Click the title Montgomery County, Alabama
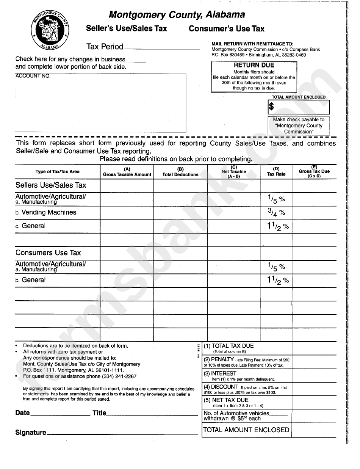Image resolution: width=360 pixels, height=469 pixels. click(177, 15)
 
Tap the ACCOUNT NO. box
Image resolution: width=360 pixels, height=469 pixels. click(100, 102)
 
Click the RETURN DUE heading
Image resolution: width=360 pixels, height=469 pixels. click(254, 65)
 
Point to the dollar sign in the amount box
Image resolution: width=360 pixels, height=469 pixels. click(271, 107)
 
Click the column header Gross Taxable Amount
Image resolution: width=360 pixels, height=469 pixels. click(127, 172)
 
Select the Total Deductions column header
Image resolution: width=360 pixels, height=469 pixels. click(180, 172)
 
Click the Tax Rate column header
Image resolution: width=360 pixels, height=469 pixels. click(276, 172)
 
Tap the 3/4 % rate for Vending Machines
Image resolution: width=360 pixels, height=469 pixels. click(276, 213)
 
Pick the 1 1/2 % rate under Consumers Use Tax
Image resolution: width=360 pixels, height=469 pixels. click(278, 280)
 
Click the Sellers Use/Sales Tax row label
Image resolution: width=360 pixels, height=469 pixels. click(51, 185)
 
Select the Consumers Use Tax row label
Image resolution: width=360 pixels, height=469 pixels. click(48, 253)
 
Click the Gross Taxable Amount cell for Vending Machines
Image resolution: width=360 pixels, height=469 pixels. click(127, 213)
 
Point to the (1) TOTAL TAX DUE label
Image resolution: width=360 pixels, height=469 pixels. click(229, 346)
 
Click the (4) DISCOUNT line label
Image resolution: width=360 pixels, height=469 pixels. click(221, 387)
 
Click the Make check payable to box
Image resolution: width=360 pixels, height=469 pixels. click(299, 125)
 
